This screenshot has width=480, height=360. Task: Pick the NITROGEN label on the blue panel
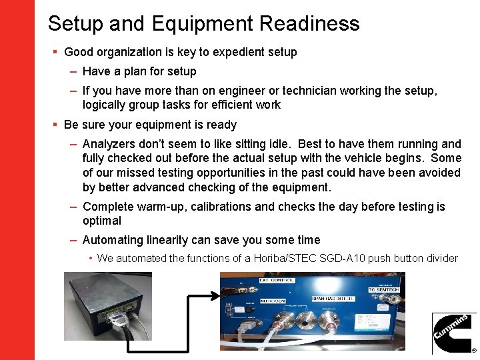point(272,301)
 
